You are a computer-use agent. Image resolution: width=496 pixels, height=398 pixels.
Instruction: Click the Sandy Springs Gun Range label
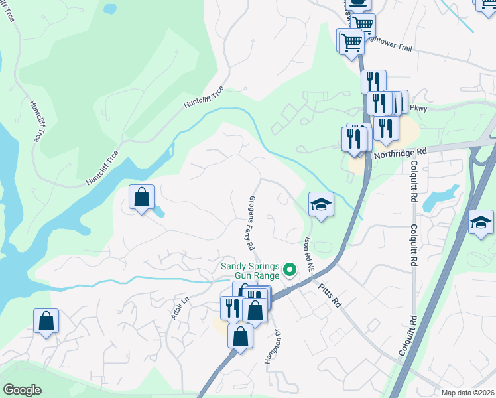(x=251, y=270)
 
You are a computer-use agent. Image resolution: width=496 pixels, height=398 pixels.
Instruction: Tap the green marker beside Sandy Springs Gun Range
(x=289, y=270)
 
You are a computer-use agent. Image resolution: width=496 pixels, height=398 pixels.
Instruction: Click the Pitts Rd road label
(x=329, y=295)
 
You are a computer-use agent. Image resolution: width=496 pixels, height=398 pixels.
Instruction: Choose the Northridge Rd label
(x=397, y=153)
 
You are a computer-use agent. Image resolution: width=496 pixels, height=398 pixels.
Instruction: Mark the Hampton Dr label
(x=270, y=346)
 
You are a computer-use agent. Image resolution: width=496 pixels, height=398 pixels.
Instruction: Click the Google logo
(x=23, y=390)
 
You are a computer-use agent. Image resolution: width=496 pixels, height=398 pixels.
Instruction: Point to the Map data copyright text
(x=468, y=393)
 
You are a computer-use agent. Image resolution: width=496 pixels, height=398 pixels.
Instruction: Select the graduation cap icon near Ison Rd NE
(x=321, y=204)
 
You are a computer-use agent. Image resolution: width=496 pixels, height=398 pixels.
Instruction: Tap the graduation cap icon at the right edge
(x=481, y=222)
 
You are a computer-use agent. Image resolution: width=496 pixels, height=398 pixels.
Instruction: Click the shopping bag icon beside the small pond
(x=141, y=197)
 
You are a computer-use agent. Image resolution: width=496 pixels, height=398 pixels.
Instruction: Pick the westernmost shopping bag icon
(x=46, y=321)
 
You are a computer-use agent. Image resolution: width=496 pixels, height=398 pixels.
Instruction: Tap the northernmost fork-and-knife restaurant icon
(x=373, y=82)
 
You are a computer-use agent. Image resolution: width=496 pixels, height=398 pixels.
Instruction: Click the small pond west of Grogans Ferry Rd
(x=160, y=212)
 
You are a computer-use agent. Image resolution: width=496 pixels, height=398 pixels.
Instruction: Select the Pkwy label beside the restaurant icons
(x=418, y=108)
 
